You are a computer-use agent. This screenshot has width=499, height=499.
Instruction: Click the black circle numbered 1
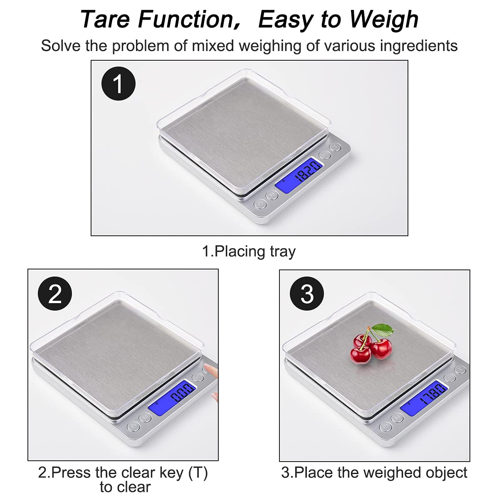pos(119,84)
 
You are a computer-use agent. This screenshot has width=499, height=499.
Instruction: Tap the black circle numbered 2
pos(55,294)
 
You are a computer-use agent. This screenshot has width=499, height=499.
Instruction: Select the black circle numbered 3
pos(307,294)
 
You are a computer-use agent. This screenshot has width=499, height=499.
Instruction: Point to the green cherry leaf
pos(383,330)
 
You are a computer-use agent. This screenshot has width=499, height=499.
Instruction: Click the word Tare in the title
pos(105,19)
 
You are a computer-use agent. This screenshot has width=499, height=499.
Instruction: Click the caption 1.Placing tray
pos(249,252)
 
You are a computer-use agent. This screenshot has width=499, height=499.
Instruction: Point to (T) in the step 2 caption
pos(198,472)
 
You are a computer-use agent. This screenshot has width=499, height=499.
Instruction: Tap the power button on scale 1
pos(260,204)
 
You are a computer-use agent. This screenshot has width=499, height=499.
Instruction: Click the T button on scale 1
pos(336,147)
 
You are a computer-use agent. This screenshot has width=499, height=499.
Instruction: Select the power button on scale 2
pos(133,427)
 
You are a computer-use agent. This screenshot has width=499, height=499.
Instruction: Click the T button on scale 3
pos(460,370)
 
